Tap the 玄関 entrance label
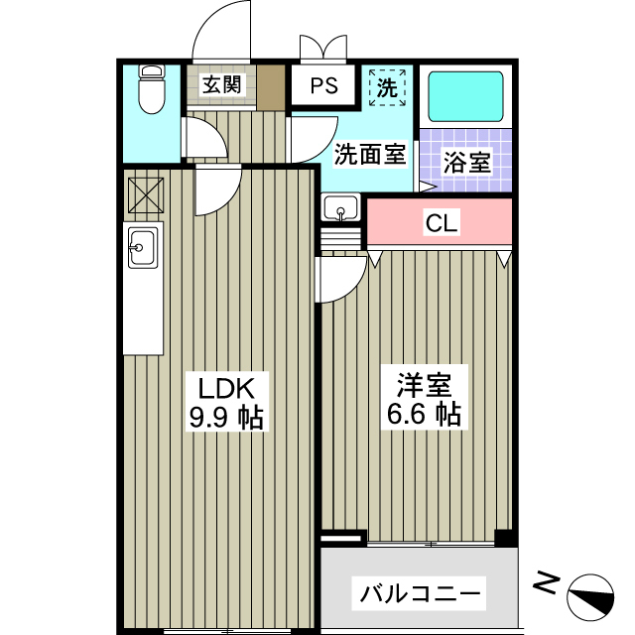[222, 84]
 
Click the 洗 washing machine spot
[388, 86]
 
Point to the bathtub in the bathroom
[464, 97]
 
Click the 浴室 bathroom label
[466, 163]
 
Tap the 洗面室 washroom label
[369, 154]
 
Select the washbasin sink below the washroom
[341, 209]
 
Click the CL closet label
[442, 223]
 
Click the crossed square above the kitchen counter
[144, 194]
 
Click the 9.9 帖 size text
[226, 418]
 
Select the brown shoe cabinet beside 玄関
[271, 86]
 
